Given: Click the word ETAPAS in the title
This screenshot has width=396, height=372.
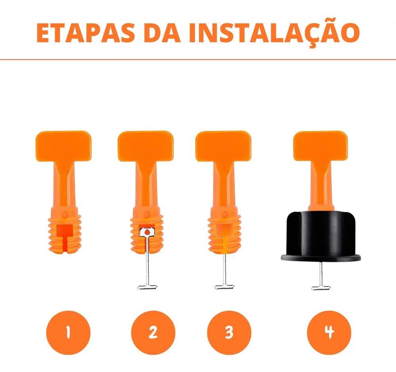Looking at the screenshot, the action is pos(86,33).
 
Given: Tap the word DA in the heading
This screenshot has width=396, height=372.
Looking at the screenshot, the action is pos(162,33).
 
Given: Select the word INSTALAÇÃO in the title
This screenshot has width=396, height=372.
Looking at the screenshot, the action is pos(274,33).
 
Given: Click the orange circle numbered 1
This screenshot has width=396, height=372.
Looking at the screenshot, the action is pos(68,332).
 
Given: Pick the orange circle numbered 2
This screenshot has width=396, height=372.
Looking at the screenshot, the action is pos(153,332).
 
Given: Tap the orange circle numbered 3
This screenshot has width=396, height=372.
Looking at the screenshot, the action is pos(229,332).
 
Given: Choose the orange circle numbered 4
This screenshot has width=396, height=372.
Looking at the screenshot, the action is pos(329,332).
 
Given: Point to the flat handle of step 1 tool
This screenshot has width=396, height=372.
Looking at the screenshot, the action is pos(63,146).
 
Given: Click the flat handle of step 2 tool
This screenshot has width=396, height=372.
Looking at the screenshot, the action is pos(145,146).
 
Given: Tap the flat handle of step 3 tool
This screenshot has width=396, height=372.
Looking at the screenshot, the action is pos(223,146).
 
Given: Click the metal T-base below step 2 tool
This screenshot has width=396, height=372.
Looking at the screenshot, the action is pos(147,287).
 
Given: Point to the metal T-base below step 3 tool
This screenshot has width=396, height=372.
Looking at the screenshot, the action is pos(225,287).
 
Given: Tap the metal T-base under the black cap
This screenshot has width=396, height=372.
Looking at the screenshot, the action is pos(321,288).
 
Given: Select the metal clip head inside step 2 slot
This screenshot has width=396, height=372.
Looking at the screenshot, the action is pos(147,232).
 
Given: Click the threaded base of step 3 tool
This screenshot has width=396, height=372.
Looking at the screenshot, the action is pos(224,234).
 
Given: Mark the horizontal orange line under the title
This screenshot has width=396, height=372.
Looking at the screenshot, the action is pos(198,60).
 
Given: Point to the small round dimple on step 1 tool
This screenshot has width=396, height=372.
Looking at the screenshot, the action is pos(65,214).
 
